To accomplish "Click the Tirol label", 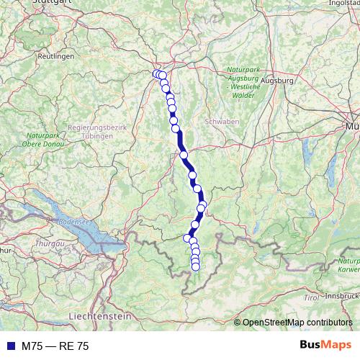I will pos(311,297).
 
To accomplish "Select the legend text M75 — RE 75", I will pos(55,346).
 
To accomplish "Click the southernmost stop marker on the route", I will pos(195,267).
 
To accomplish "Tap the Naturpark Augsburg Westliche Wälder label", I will pos(240,77).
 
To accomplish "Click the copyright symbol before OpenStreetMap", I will pos(237,322).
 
